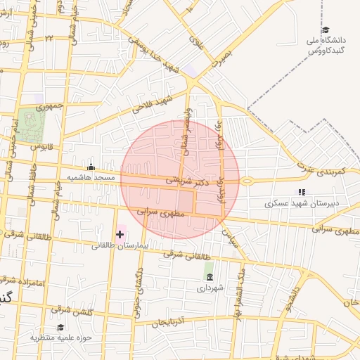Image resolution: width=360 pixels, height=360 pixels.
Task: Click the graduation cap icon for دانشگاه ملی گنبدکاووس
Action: [326, 30]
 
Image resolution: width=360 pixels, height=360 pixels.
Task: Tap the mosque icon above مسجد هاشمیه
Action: [91, 167]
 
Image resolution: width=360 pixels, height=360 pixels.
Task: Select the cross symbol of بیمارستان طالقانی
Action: [120, 233]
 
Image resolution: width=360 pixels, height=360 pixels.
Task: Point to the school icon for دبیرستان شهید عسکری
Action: [302, 191]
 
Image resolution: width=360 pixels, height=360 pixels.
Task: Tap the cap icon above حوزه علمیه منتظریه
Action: [60, 327]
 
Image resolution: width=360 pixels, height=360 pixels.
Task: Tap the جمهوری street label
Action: [50, 108]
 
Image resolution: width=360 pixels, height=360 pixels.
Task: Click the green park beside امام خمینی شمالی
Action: [32, 126]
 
